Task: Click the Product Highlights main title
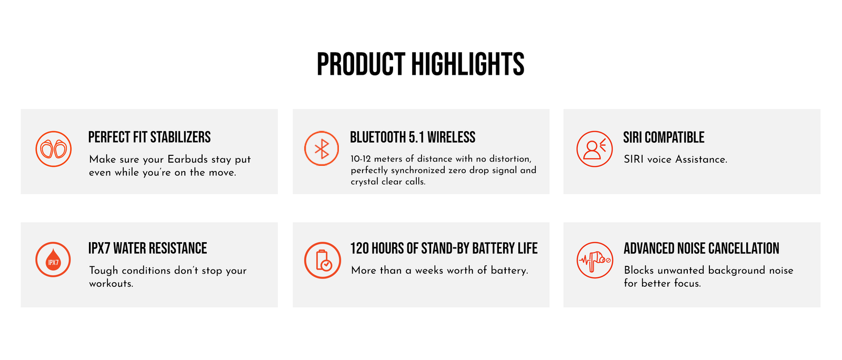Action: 420,64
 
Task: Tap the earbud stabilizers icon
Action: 53,149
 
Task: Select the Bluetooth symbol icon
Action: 322,148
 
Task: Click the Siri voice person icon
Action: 594,149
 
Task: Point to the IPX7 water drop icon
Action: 53,259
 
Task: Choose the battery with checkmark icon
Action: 322,260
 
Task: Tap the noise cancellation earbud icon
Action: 595,260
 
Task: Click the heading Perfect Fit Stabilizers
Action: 149,137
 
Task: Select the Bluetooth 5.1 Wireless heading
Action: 413,137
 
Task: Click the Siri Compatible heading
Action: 664,137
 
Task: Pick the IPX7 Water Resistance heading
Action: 147,248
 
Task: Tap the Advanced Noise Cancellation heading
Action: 701,248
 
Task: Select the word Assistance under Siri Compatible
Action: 701,159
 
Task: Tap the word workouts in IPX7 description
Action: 111,284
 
